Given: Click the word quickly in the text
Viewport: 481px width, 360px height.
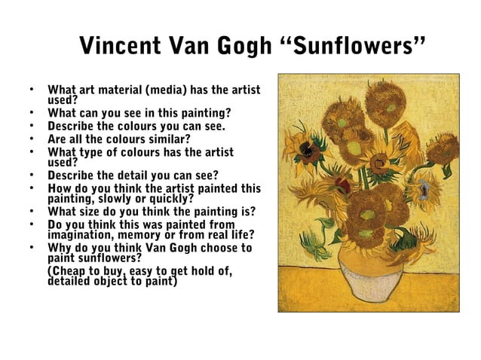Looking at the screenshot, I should pos(170,199).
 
